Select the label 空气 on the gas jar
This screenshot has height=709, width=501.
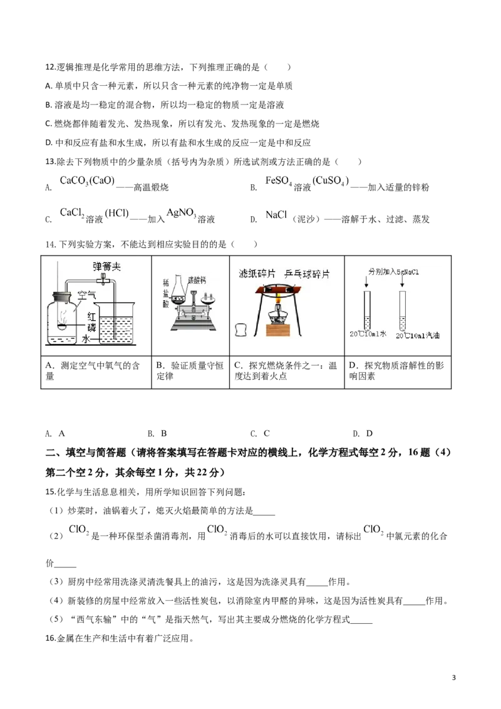[86, 295]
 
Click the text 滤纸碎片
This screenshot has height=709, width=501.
[257, 274]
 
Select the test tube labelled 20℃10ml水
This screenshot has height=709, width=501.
[368, 309]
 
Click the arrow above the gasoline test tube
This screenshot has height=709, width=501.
[402, 283]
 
